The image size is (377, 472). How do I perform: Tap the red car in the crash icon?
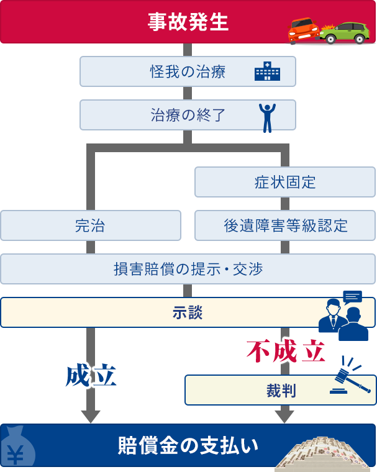pos(303,29)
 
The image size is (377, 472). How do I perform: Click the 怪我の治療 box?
pos(188,71)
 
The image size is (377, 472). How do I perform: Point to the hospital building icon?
pos(267,71)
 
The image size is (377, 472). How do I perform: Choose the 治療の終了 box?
pos(188,116)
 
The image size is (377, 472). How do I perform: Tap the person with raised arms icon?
pos(267,117)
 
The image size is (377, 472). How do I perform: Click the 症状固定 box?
pos(285,182)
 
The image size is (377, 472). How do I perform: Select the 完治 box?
pos(90,225)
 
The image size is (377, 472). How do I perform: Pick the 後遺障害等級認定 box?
pos(285,225)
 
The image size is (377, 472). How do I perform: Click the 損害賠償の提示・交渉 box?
pos(188,269)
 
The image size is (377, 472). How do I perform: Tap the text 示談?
pos(188,312)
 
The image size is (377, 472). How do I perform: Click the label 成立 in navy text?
pos(91,375)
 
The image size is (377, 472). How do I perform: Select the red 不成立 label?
pos(286,352)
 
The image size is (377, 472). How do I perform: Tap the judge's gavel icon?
pos(351,378)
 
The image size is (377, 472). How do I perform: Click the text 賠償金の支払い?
pos(188,445)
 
